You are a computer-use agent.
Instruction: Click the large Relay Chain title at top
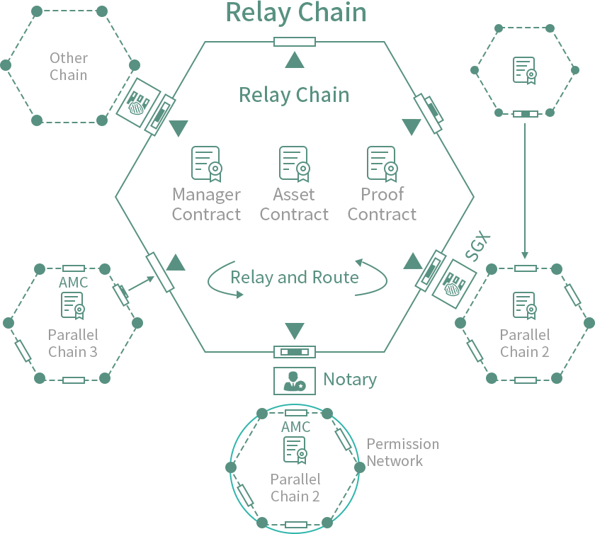[x=296, y=13]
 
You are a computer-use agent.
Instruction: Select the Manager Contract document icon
[x=206, y=164]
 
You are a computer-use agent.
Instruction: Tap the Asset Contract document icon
[x=294, y=164]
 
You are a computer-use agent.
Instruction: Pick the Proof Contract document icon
[x=382, y=164]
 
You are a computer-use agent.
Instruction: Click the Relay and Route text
[x=295, y=277]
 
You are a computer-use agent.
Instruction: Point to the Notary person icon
[x=294, y=381]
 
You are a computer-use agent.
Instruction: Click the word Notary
[x=350, y=380]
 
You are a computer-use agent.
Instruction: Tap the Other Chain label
[x=69, y=66]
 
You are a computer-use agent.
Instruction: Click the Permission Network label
[x=402, y=453]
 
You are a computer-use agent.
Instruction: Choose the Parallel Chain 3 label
[x=73, y=343]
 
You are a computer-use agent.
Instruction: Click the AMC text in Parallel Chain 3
[x=74, y=283]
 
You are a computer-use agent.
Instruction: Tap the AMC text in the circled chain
[x=295, y=427]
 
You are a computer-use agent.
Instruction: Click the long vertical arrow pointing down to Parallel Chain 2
[x=525, y=191]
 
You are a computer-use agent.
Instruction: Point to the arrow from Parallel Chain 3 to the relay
[x=142, y=283]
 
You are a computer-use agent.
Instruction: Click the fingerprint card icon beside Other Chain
[x=139, y=103]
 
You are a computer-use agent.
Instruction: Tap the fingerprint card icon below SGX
[x=454, y=283]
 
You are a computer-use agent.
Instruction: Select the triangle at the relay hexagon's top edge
[x=295, y=61]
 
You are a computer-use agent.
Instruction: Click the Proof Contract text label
[x=382, y=204]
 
